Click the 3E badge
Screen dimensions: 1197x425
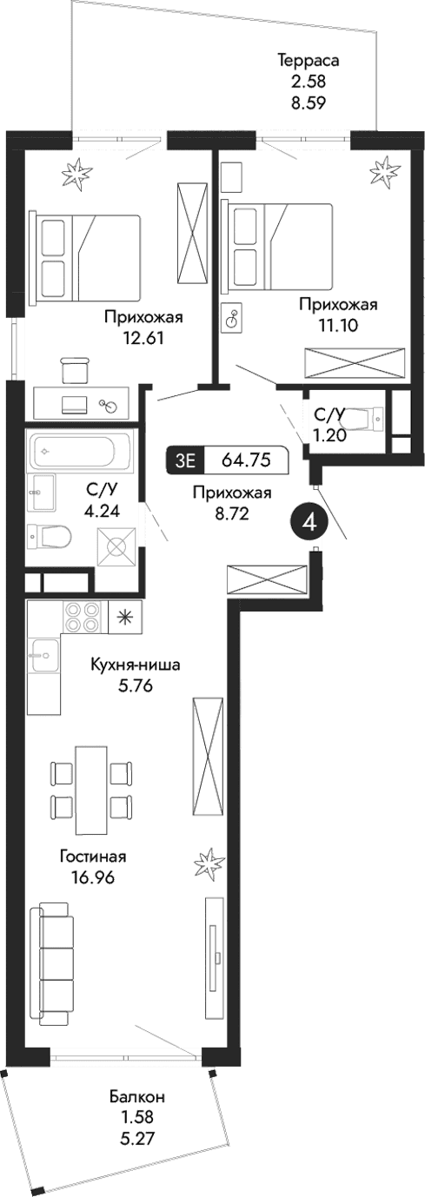point(185,460)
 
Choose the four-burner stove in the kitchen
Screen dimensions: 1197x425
point(83,618)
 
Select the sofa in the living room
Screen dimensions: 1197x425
point(53,962)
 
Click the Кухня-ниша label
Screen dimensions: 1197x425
point(136,665)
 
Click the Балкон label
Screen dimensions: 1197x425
point(137,1096)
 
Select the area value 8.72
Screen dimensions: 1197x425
point(231,513)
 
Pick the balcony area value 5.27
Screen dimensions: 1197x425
point(137,1134)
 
